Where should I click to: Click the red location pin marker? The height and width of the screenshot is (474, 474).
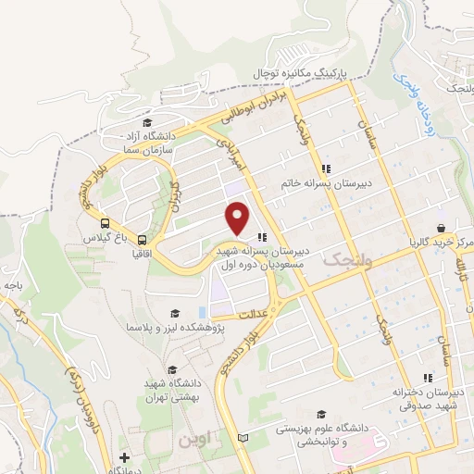238,219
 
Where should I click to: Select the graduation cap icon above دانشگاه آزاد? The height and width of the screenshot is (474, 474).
145,122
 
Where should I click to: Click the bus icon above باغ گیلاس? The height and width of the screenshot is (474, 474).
105,223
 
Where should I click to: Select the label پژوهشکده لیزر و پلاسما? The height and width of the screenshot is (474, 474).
172,328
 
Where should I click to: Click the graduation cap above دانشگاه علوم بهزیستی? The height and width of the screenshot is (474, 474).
320,414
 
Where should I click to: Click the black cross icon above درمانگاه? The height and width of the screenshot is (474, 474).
125,457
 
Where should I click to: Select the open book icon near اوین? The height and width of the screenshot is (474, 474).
243,436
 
